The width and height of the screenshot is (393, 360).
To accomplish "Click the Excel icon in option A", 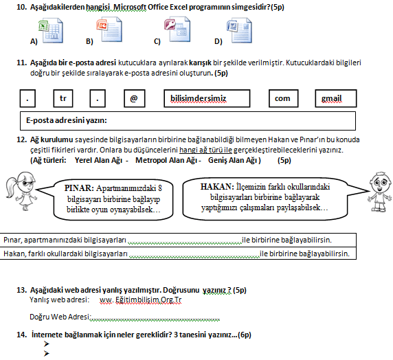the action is [51, 31].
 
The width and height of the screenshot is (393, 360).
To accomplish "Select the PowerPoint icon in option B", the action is [109, 29].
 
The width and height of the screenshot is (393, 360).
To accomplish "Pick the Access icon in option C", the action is [177, 29].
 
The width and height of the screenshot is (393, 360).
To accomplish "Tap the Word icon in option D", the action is [239, 30].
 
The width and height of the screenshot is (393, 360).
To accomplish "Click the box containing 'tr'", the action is [63, 98].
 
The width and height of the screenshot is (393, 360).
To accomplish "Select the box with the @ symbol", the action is [135, 98].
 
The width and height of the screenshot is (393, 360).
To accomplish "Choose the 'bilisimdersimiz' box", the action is [207, 98].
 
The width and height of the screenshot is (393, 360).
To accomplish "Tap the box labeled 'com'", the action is [284, 98].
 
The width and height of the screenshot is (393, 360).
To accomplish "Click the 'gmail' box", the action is [335, 98].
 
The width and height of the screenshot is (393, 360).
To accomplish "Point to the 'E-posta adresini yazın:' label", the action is [67, 121].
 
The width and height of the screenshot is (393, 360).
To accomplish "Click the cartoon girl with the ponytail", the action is [21, 191].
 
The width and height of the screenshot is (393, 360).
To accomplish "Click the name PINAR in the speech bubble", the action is [79, 188].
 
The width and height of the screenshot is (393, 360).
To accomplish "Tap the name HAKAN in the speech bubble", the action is [217, 187].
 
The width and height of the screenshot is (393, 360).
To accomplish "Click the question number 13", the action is [21, 291].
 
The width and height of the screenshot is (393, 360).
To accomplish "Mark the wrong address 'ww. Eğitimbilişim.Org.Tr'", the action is [140, 300].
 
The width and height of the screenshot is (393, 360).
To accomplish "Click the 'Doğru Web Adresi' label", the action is [60, 317].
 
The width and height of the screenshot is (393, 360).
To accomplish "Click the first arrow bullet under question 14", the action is [46, 344].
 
